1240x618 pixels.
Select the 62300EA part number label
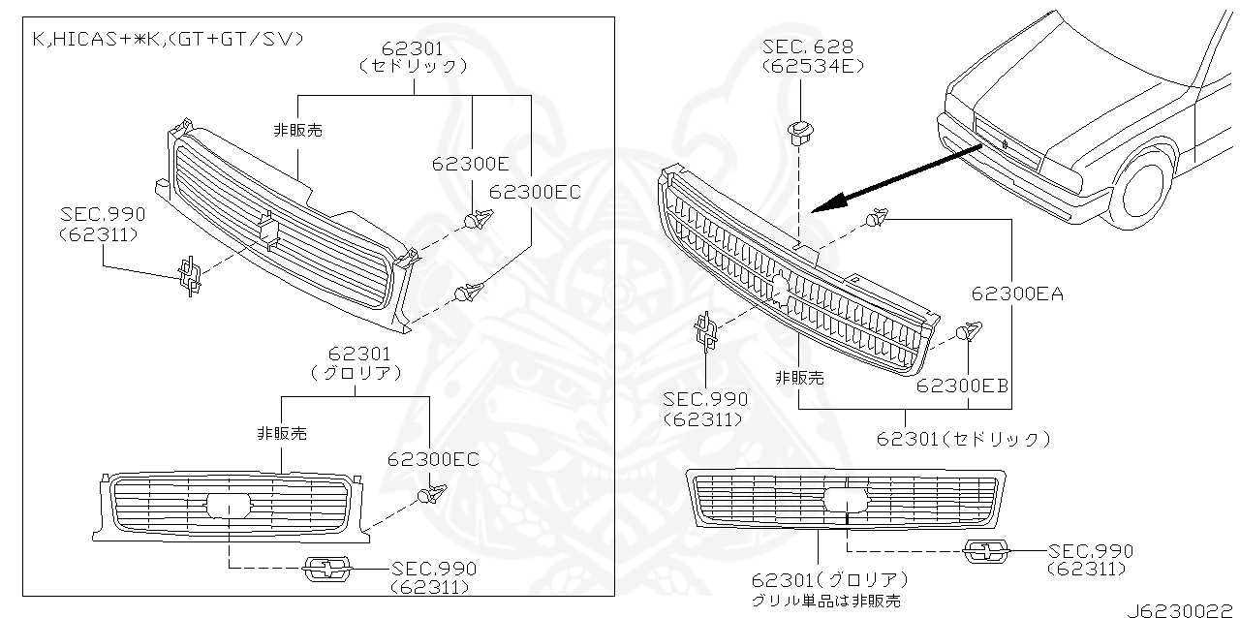[1015, 294]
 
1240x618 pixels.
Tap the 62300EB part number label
[962, 386]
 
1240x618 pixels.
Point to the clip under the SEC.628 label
[801, 132]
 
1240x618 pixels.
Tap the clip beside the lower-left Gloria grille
[429, 497]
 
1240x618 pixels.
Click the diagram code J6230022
[1181, 608]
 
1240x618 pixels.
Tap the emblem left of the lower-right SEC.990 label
[986, 553]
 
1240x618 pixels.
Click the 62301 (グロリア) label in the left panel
[358, 364]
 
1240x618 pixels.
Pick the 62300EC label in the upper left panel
[535, 192]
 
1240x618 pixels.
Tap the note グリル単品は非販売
[826, 602]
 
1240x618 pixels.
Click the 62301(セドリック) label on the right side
[963, 439]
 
